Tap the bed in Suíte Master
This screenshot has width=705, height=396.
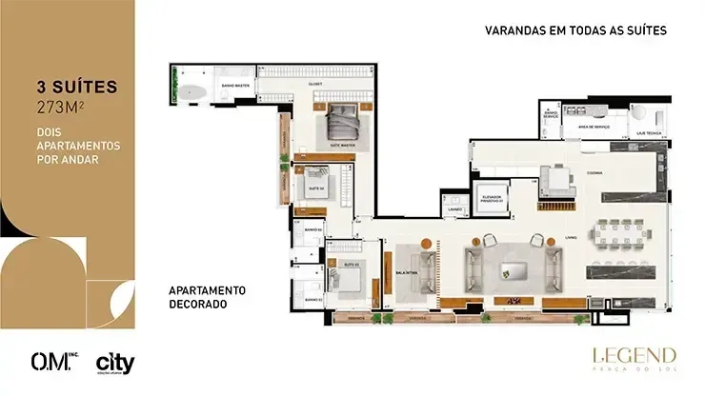click(343, 123)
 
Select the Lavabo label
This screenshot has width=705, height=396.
click(455, 209)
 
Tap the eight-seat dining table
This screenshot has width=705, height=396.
click(619, 232)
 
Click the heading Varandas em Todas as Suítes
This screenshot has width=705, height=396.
click(574, 30)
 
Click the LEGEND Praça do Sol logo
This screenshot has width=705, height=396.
click(634, 359)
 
